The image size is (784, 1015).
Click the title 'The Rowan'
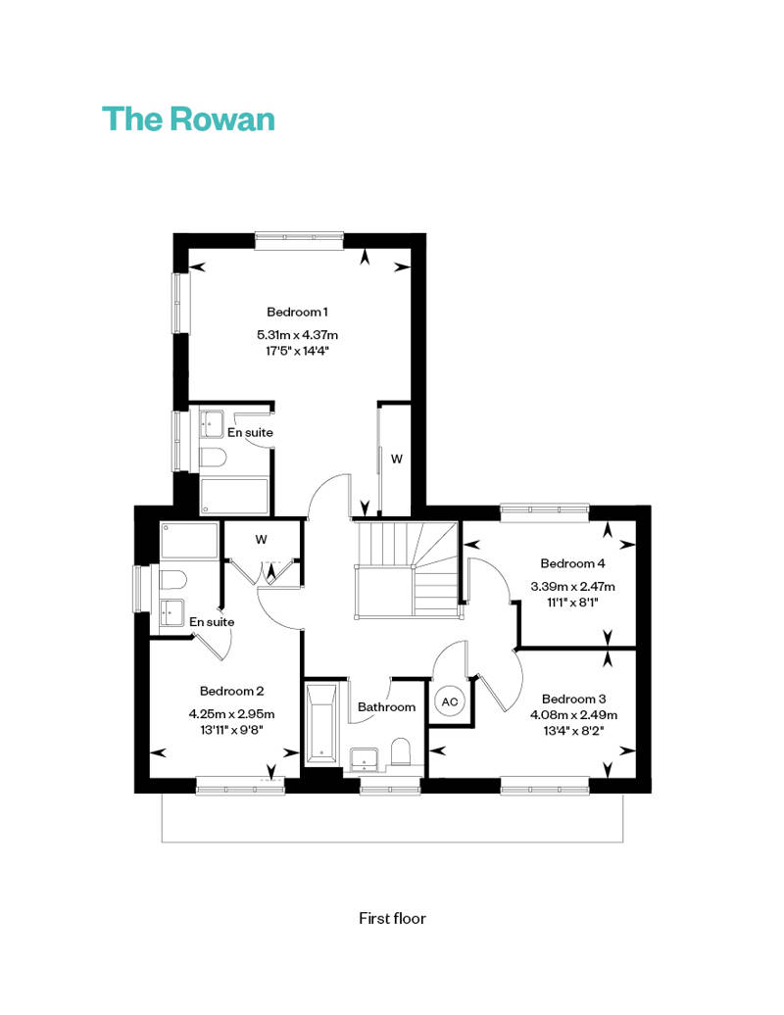[x=188, y=120]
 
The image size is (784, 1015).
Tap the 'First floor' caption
[x=392, y=918]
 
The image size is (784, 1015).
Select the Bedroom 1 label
[x=297, y=312]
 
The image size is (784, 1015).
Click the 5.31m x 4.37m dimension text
[x=297, y=335]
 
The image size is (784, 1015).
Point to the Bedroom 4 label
[x=572, y=563]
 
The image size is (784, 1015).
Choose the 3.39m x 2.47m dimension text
[x=572, y=587]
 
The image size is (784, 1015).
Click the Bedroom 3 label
[x=573, y=699]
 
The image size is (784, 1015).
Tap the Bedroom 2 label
[x=231, y=691]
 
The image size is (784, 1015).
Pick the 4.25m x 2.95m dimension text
[x=231, y=714]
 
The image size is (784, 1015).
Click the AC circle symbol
[x=449, y=701]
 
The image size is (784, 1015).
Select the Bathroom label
[x=386, y=707]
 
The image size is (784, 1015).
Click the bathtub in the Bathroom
[x=321, y=723]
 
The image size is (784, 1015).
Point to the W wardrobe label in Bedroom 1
[x=397, y=459]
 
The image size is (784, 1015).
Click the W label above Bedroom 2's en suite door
[x=261, y=539]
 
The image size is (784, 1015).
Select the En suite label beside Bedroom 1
[x=250, y=432]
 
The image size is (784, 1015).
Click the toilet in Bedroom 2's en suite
[x=172, y=580]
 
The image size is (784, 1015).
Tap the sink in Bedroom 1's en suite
[x=211, y=424]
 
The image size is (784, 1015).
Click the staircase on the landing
[x=407, y=569]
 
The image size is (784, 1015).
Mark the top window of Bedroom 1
[x=299, y=241]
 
